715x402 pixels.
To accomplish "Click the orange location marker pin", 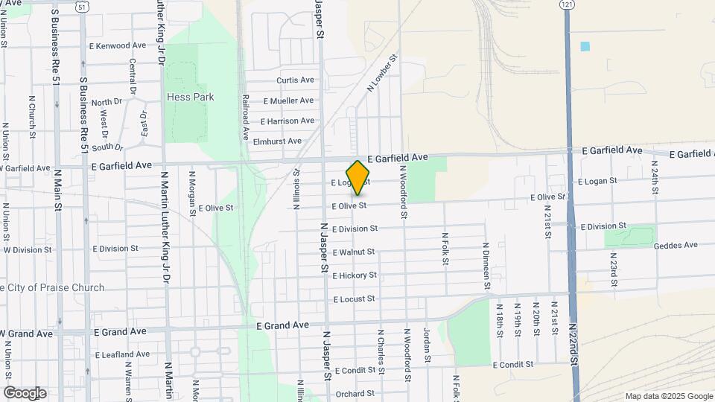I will pos(358,178).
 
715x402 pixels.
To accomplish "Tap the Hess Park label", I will pos(190,97).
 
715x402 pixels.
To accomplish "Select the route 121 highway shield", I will pos(568,4).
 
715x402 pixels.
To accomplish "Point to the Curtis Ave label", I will pos(295,80).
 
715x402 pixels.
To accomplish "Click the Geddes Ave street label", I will pos(675,245).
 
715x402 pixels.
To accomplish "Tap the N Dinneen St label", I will pos(486,266).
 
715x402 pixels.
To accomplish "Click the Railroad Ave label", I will pos(244,117).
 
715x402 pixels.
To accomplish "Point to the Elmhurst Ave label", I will pos(277,141).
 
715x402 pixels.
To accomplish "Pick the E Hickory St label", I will pos(354,275).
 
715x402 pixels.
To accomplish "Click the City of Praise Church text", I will pos(52,287).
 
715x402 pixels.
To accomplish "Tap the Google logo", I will pos(25,393).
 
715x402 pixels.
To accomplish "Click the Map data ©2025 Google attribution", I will pos(668,396).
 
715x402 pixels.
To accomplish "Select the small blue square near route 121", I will pos(585,46).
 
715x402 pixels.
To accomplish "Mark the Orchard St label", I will pos(355,394).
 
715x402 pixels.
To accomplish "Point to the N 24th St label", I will pos(655,177).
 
